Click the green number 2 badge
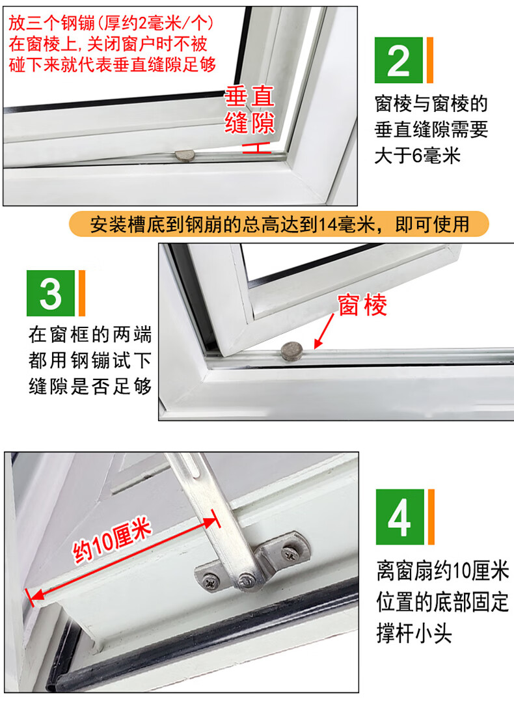click(398, 61)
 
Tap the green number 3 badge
click(50, 294)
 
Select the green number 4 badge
click(400, 517)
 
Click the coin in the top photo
click(184, 156)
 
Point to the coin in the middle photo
click(291, 351)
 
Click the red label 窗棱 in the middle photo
click(362, 305)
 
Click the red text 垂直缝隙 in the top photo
click(250, 111)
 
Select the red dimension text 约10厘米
click(112, 541)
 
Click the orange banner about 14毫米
click(278, 225)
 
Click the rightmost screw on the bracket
click(289, 554)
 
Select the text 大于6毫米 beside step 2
click(417, 156)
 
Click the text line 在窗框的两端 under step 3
click(90, 335)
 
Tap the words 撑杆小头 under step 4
click(414, 633)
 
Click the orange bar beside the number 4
click(431, 517)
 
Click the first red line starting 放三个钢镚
click(111, 23)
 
